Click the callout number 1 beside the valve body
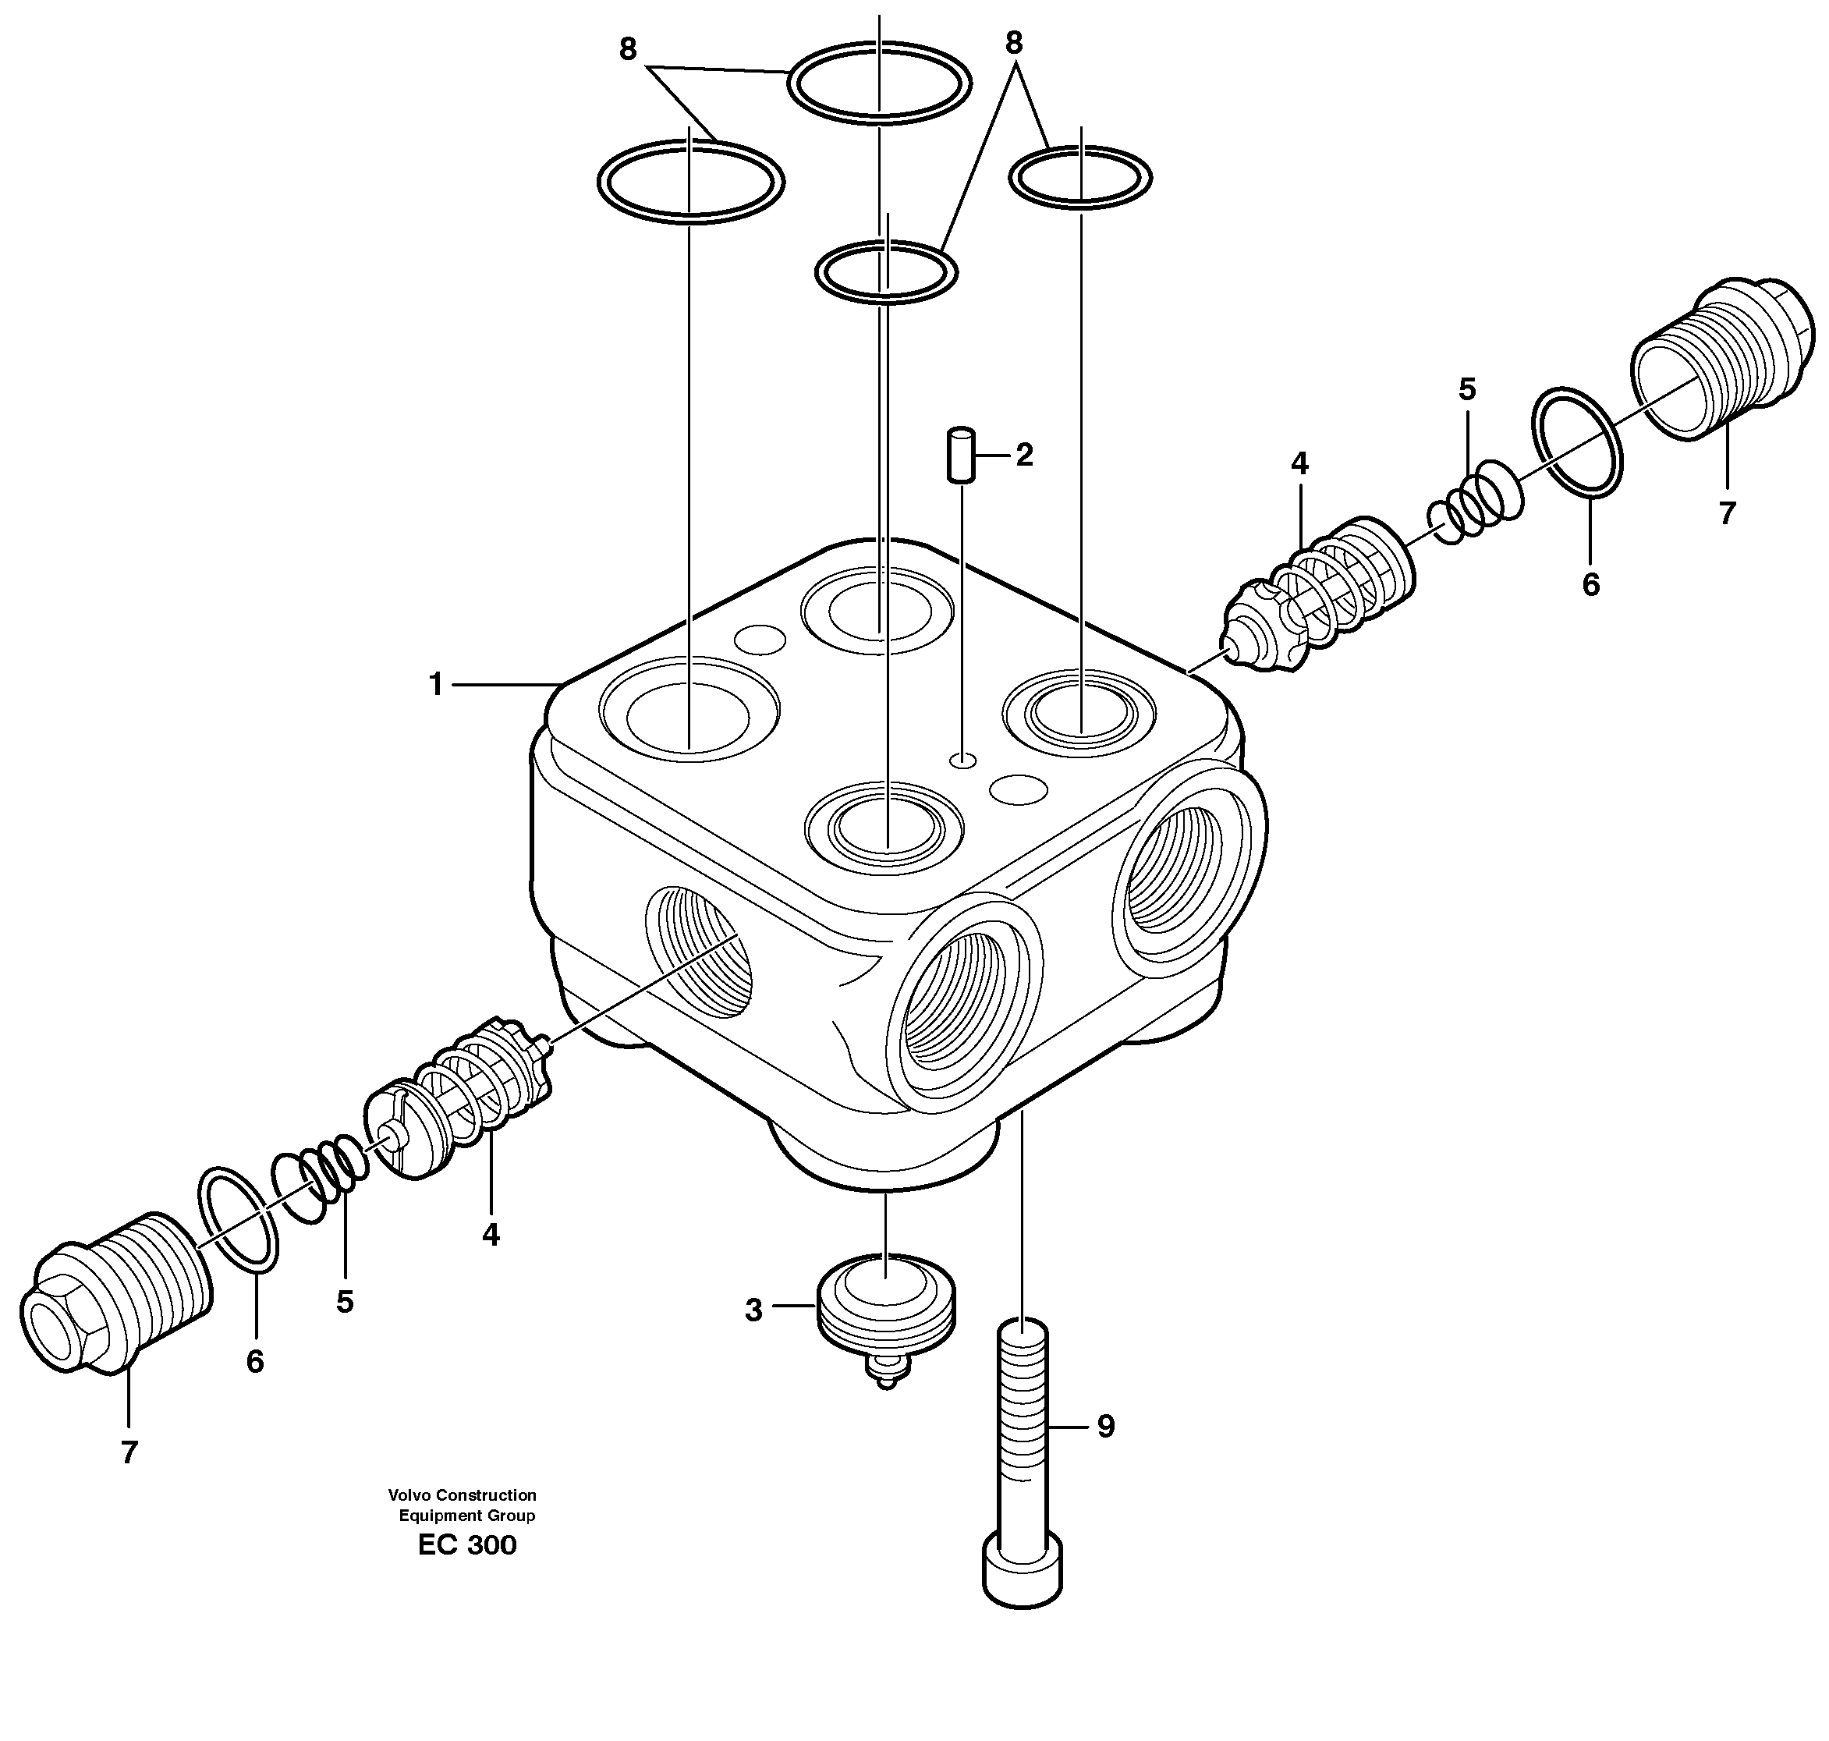[435, 686]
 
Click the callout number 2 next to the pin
[1024, 455]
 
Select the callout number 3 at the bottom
[753, 1310]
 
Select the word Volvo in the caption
[409, 1495]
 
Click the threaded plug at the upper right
[1721, 357]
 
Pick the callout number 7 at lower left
[129, 1452]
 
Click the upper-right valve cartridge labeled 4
[1317, 598]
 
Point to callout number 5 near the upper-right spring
[1466, 390]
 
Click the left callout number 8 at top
[628, 50]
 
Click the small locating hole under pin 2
[963, 761]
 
